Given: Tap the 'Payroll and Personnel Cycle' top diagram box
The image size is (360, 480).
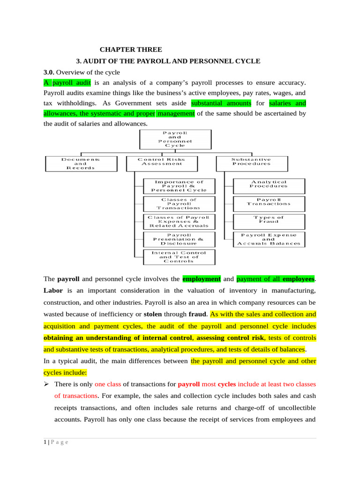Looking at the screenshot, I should pyautogui.click(x=175, y=139).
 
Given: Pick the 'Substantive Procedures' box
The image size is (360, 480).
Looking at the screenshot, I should pyautogui.click(x=251, y=162).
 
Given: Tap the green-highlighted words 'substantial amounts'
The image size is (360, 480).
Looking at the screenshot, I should pyautogui.click(x=221, y=103).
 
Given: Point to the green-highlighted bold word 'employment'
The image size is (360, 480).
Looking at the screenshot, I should pyautogui.click(x=202, y=279).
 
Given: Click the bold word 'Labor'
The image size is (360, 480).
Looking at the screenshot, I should pyautogui.click(x=52, y=291).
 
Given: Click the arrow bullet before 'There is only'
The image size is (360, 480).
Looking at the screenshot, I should pyautogui.click(x=46, y=384).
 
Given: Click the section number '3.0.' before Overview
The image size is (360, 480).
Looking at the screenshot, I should pyautogui.click(x=49, y=72).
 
